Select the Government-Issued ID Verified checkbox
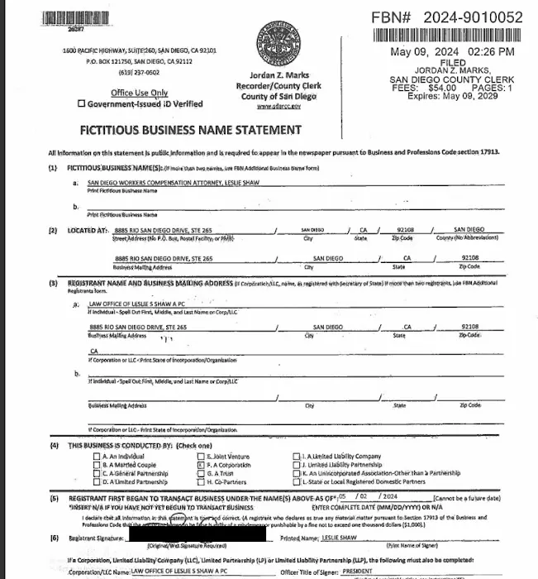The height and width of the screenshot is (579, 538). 81,104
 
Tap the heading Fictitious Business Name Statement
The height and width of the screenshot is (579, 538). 190,130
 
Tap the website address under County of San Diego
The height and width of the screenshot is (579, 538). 274,107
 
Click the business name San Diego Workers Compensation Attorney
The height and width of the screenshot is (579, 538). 165,182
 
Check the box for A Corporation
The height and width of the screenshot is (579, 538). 200,465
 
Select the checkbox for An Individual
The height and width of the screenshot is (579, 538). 97,457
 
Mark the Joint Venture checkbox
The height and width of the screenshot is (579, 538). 200,457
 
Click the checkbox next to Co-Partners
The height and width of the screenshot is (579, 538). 200,481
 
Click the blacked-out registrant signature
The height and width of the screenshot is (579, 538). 198,538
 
